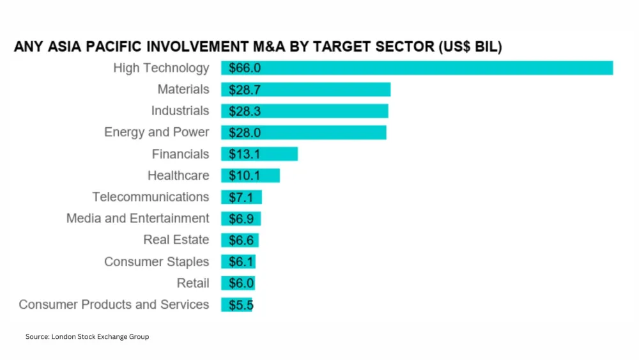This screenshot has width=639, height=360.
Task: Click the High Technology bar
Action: (x=417, y=68)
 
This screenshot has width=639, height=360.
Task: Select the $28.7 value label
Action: (x=245, y=90)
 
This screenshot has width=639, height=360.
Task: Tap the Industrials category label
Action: (x=180, y=111)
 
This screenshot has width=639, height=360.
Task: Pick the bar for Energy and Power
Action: (x=304, y=132)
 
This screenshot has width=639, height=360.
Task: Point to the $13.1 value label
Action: (x=245, y=154)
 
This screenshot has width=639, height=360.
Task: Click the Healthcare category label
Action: (x=178, y=175)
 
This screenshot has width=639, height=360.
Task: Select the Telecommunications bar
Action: (x=242, y=197)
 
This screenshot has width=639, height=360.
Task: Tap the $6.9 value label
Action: (x=242, y=219)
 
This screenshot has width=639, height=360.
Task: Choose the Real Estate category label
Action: (x=176, y=240)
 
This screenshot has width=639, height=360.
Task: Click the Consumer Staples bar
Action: (x=239, y=262)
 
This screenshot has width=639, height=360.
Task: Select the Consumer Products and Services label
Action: (x=114, y=304)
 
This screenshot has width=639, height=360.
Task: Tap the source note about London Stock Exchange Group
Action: (x=87, y=336)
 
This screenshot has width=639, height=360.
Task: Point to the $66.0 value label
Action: (x=245, y=68)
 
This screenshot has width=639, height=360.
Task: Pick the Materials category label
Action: (x=183, y=90)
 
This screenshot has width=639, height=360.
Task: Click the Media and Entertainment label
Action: (x=137, y=219)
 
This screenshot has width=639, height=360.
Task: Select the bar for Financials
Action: (x=259, y=154)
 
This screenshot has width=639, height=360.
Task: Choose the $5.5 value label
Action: (x=241, y=305)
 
